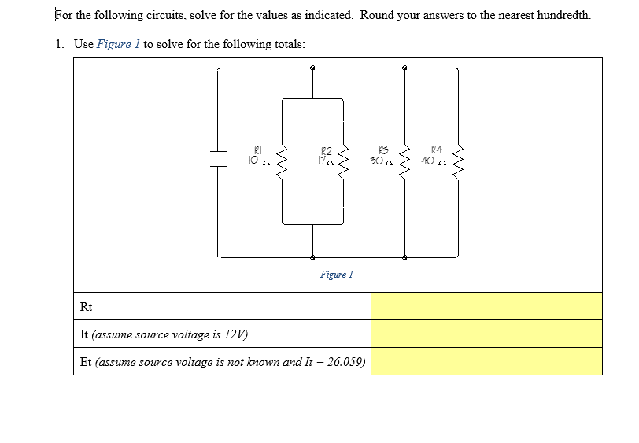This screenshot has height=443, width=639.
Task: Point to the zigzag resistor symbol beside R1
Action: pos(283,161)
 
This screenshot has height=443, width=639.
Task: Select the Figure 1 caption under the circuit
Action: pos(336,275)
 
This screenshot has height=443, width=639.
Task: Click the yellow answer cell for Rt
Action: pos(486,306)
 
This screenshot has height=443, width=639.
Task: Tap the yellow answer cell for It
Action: pos(486,334)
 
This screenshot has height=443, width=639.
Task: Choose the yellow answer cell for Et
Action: pos(486,361)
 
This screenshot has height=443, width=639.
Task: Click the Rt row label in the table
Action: pos(87,306)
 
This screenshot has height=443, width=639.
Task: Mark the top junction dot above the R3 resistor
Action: pos(404,68)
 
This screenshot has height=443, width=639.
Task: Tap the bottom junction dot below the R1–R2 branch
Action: pos(312,257)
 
